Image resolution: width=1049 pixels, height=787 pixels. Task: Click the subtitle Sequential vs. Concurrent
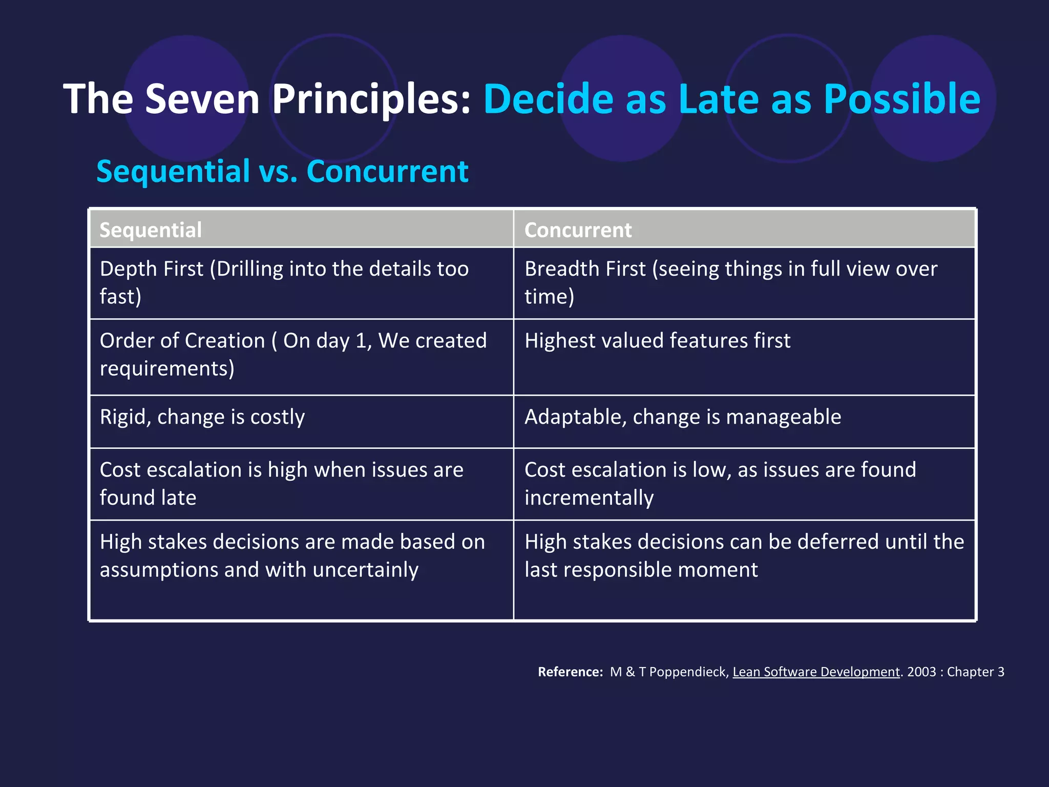(282, 171)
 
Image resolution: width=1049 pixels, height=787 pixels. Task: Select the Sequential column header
(151, 230)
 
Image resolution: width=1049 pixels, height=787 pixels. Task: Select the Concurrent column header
(578, 230)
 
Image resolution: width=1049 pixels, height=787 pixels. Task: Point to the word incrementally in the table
(589, 498)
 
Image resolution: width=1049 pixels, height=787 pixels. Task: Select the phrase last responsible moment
(641, 570)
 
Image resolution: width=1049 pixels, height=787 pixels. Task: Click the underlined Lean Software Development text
(816, 672)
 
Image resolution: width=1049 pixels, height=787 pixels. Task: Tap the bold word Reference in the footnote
(570, 672)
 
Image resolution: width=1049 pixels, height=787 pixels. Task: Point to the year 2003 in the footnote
(921, 672)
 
